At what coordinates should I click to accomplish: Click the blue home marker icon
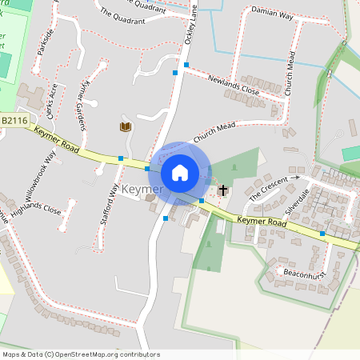click(x=180, y=172)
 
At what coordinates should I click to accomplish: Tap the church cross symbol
click(x=222, y=190)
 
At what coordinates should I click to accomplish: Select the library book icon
click(x=125, y=127)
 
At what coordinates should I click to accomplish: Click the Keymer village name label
click(x=143, y=190)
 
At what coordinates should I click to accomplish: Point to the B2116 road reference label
click(x=15, y=120)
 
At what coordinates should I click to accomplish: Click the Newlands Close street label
click(x=234, y=85)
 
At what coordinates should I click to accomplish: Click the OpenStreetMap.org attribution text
click(x=103, y=354)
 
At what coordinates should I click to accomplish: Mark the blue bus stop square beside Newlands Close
click(x=186, y=64)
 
